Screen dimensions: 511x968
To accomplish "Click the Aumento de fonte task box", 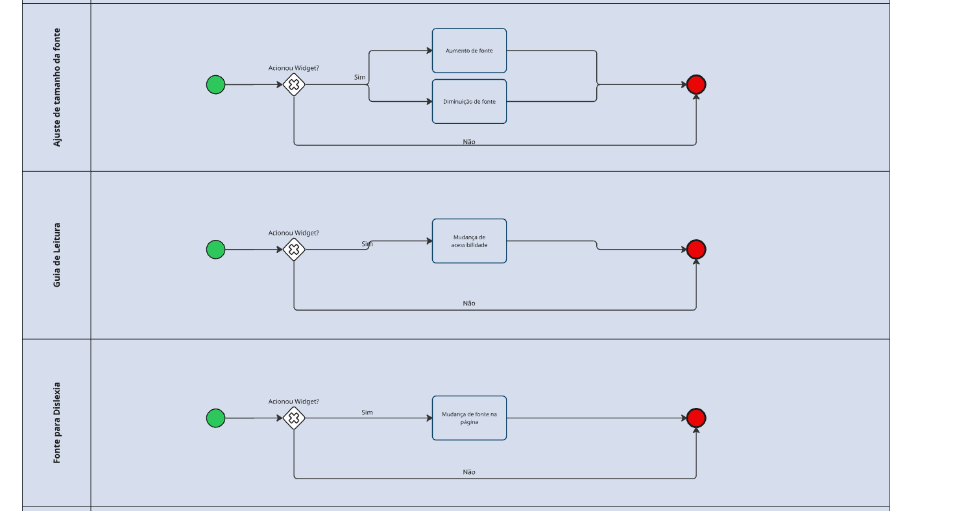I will click(469, 51).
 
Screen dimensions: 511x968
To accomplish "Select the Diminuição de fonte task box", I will click(469, 101).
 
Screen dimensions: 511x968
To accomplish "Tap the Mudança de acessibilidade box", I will click(469, 241).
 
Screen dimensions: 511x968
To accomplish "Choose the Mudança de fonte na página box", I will click(469, 418).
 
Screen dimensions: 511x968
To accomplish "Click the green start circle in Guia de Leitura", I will click(215, 250).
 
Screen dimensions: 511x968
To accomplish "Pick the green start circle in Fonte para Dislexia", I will click(215, 418).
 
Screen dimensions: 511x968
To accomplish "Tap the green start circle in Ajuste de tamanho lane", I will click(215, 85).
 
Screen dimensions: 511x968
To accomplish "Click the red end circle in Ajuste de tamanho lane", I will click(696, 84).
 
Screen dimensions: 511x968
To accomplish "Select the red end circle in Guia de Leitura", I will click(696, 249).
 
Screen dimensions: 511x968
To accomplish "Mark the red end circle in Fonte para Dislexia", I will click(696, 418).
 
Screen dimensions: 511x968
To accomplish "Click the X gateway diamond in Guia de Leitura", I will click(294, 250).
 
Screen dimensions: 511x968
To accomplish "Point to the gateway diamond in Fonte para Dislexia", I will click(294, 418).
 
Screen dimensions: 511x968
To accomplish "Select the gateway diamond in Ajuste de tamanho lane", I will click(294, 85).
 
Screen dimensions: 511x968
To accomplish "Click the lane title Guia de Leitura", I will click(57, 255).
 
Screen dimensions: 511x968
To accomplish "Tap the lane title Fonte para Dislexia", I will click(57, 422).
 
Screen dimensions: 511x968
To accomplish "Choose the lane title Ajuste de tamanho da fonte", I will click(57, 87).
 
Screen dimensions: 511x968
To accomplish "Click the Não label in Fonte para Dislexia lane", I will click(469, 472).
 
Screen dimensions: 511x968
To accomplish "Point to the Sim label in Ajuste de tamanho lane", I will click(359, 77).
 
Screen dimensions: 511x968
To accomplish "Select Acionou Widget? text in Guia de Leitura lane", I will click(294, 233).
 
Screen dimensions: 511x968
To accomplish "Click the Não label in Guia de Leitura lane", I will click(469, 303).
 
